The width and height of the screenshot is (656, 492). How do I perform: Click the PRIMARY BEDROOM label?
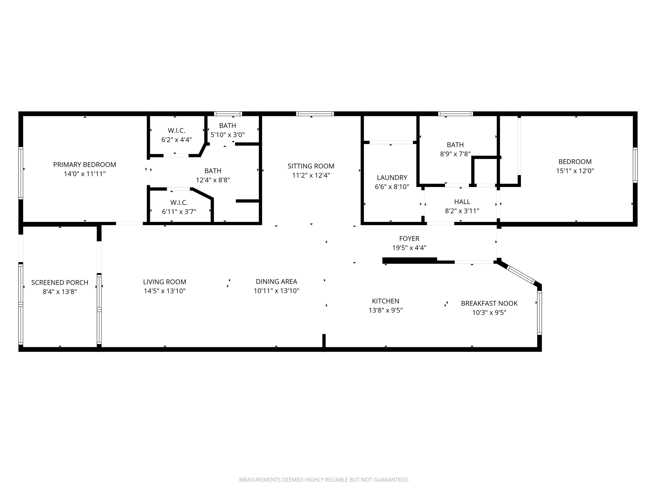click(x=85, y=165)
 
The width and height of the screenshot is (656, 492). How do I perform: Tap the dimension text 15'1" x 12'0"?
click(x=575, y=171)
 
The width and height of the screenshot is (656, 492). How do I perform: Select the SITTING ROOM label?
click(x=311, y=166)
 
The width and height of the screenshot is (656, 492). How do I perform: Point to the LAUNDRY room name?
click(x=392, y=177)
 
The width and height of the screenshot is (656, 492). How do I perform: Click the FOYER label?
click(x=409, y=239)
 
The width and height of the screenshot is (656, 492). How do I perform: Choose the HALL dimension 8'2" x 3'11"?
click(x=462, y=211)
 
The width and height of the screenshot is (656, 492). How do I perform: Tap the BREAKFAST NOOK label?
click(x=489, y=303)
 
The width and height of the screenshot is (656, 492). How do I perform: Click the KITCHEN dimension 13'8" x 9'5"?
click(x=386, y=310)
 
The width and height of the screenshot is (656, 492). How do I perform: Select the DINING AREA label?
click(x=276, y=282)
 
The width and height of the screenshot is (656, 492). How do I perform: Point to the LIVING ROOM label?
click(x=165, y=282)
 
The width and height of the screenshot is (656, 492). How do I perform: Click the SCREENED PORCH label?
click(x=60, y=283)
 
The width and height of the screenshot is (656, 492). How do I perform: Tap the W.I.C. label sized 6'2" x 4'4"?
click(x=176, y=131)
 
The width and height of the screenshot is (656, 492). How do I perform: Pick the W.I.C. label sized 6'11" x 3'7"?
click(x=179, y=203)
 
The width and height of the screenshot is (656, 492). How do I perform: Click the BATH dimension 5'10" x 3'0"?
click(x=227, y=135)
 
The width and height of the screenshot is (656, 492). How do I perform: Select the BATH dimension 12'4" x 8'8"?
click(x=213, y=180)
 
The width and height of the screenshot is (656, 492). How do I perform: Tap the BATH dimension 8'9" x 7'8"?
click(x=455, y=154)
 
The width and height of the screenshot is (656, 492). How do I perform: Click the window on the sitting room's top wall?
click(x=315, y=114)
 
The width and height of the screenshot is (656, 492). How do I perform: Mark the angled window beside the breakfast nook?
click(x=521, y=275)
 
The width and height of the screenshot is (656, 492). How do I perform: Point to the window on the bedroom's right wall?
click(x=635, y=165)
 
